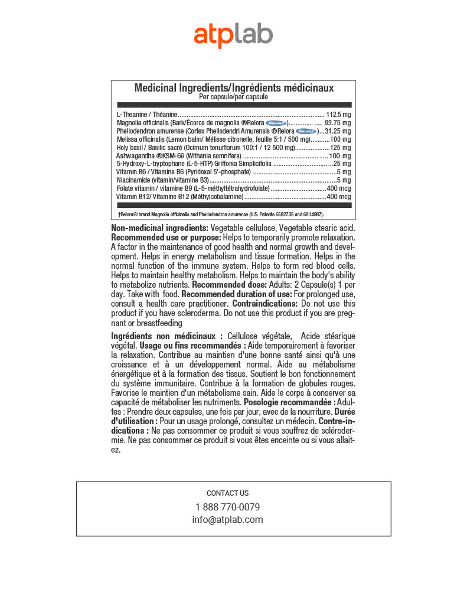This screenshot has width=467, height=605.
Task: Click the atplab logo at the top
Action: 233,35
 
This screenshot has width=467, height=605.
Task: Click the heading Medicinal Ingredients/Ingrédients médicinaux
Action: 234,87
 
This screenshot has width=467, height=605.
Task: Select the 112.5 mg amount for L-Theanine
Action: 338,115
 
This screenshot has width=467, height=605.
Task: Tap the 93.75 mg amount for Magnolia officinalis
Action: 338,123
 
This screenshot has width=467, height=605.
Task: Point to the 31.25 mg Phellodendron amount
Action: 338,131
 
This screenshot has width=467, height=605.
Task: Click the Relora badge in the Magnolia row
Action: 276,123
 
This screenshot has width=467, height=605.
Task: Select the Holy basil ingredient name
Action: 130,148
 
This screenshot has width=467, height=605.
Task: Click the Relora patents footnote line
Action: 221,214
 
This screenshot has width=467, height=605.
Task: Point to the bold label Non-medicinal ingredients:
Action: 159,228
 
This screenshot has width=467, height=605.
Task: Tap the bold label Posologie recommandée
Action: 289,402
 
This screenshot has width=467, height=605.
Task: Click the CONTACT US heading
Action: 227,493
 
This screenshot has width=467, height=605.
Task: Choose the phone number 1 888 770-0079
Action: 227,507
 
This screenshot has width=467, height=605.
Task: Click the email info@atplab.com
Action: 227,520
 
